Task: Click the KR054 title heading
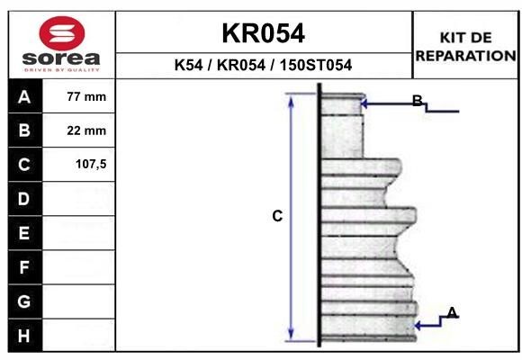(263, 33)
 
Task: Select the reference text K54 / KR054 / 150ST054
(263, 66)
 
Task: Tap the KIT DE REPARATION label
(465, 46)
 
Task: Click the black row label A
(24, 96)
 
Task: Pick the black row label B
(24, 130)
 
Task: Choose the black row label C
(24, 165)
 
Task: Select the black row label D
(24, 199)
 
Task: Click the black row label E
(24, 233)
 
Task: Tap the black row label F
(24, 267)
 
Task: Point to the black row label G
(24, 301)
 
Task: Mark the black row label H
(24, 336)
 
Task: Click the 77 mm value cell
(86, 96)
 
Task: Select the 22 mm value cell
(86, 130)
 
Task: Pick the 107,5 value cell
(86, 165)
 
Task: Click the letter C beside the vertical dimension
(277, 216)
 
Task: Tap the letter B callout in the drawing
(418, 100)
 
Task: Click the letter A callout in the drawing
(452, 312)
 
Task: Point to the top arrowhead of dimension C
(291, 99)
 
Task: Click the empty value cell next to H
(86, 336)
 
